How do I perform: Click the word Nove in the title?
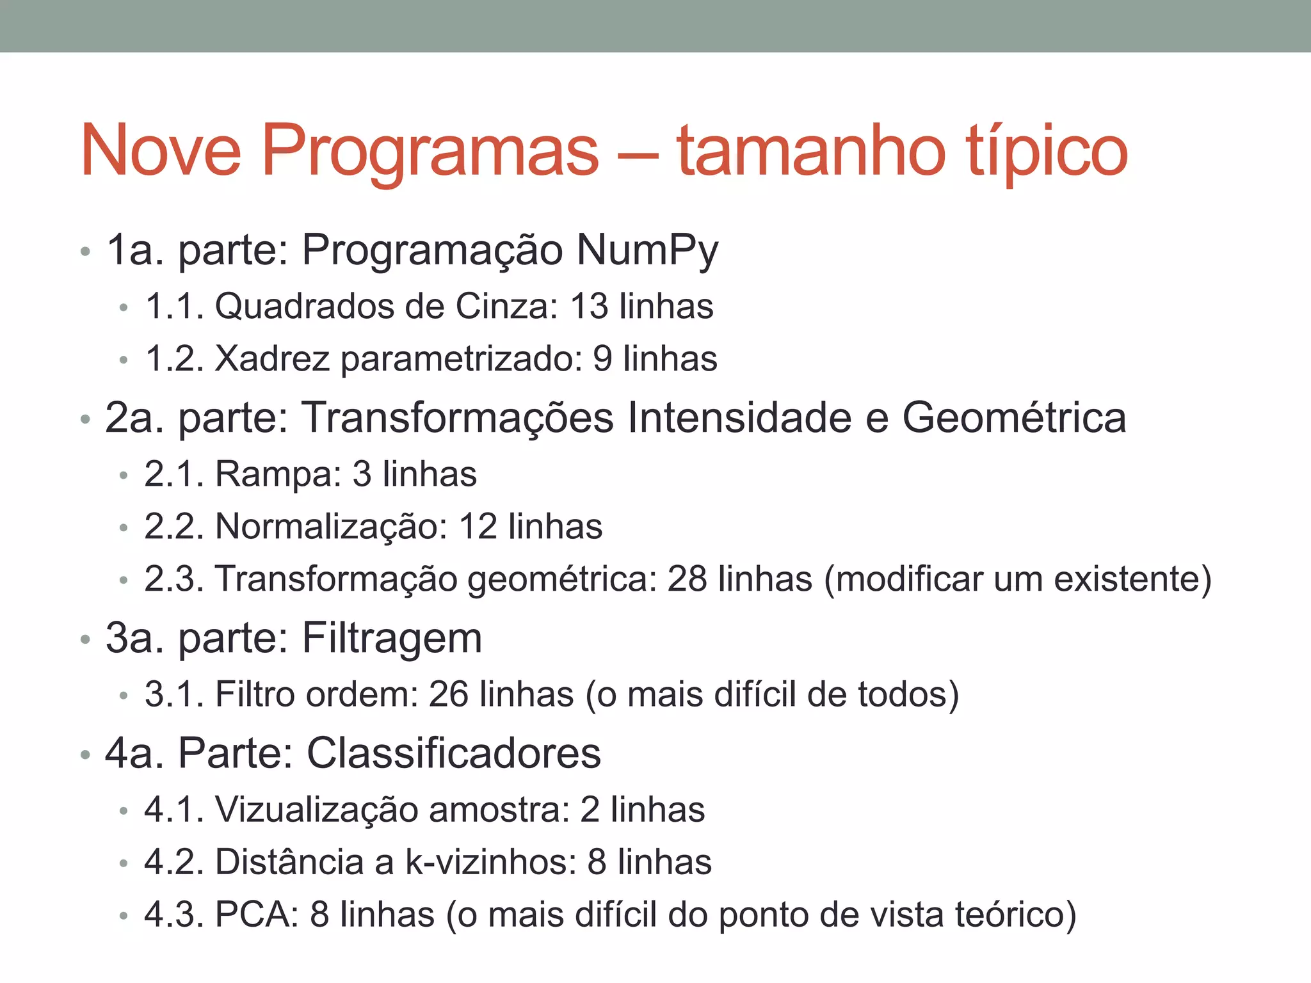pos(161,151)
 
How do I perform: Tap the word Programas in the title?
pos(430,151)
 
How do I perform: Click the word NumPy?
pos(647,250)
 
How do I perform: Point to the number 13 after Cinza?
pos(588,306)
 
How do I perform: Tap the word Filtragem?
pos(392,639)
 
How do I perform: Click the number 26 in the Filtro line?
pos(448,694)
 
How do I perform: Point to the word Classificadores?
pos(454,753)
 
